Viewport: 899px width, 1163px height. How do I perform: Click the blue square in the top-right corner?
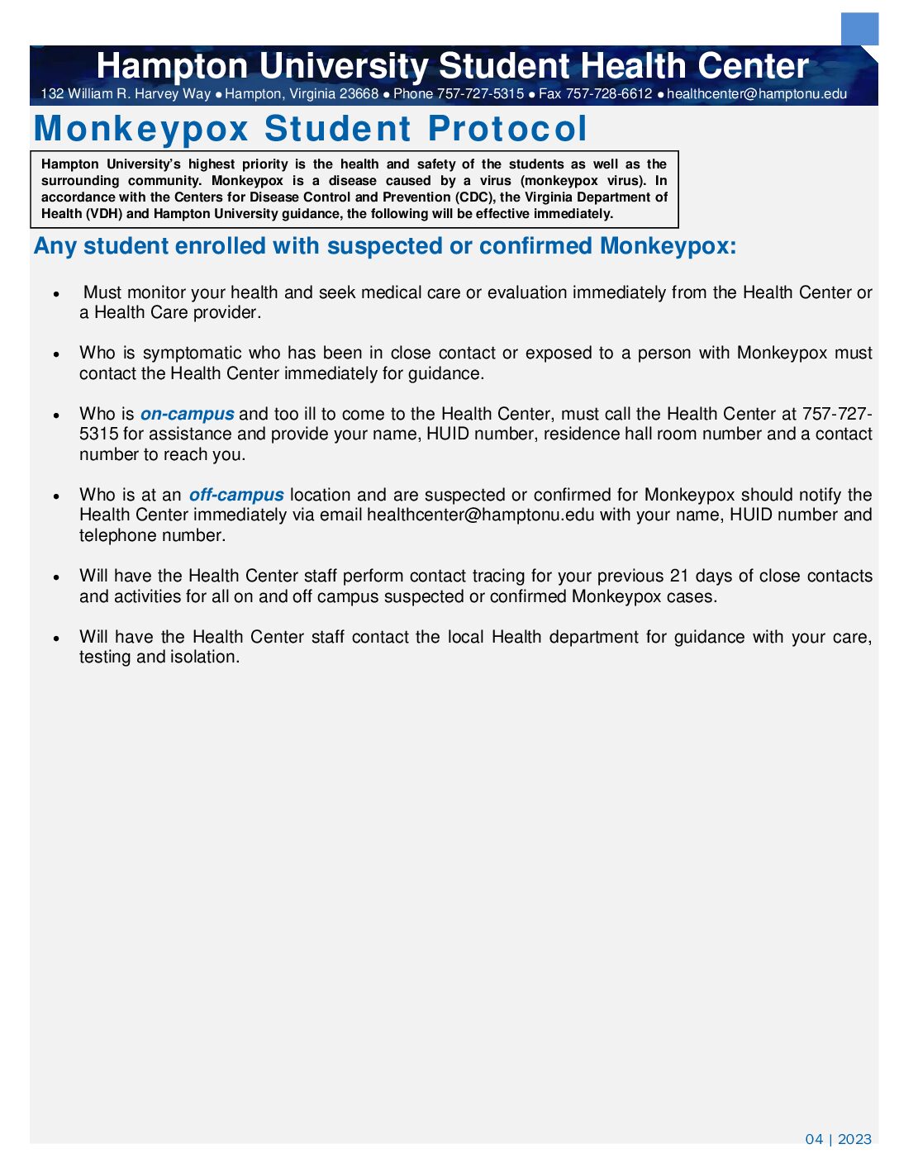tap(859, 29)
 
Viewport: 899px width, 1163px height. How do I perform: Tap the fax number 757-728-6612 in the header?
tap(609, 94)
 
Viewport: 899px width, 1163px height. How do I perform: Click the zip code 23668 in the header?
tap(359, 94)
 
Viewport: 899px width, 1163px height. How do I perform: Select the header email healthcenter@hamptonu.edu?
tap(757, 94)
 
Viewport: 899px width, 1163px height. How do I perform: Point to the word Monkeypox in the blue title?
tap(141, 129)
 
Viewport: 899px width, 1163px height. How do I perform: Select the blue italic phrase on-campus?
tap(187, 414)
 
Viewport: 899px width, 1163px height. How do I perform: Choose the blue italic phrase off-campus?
tap(236, 495)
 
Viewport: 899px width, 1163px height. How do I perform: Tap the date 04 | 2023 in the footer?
tap(838, 1139)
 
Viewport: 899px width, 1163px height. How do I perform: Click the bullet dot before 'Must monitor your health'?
tap(56, 294)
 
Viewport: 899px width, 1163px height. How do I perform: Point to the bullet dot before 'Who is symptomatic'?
tap(56, 354)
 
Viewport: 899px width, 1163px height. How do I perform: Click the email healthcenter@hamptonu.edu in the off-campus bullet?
tap(480, 515)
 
